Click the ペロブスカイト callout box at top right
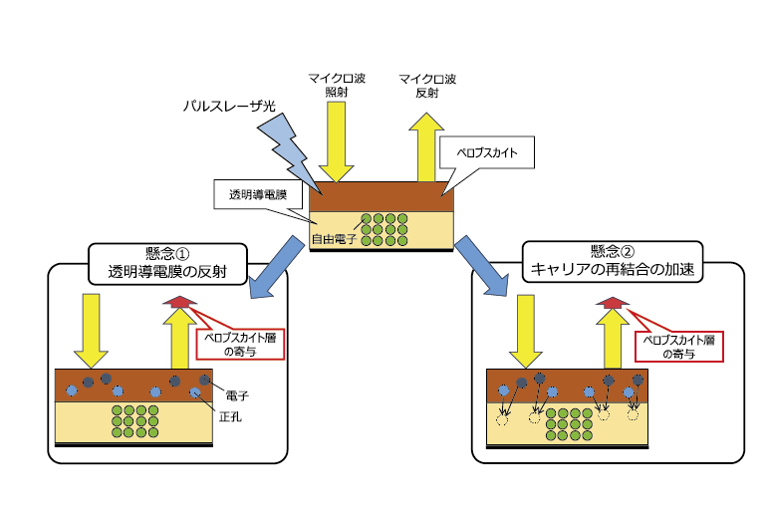click(x=481, y=154)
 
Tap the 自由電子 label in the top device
click(x=333, y=240)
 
